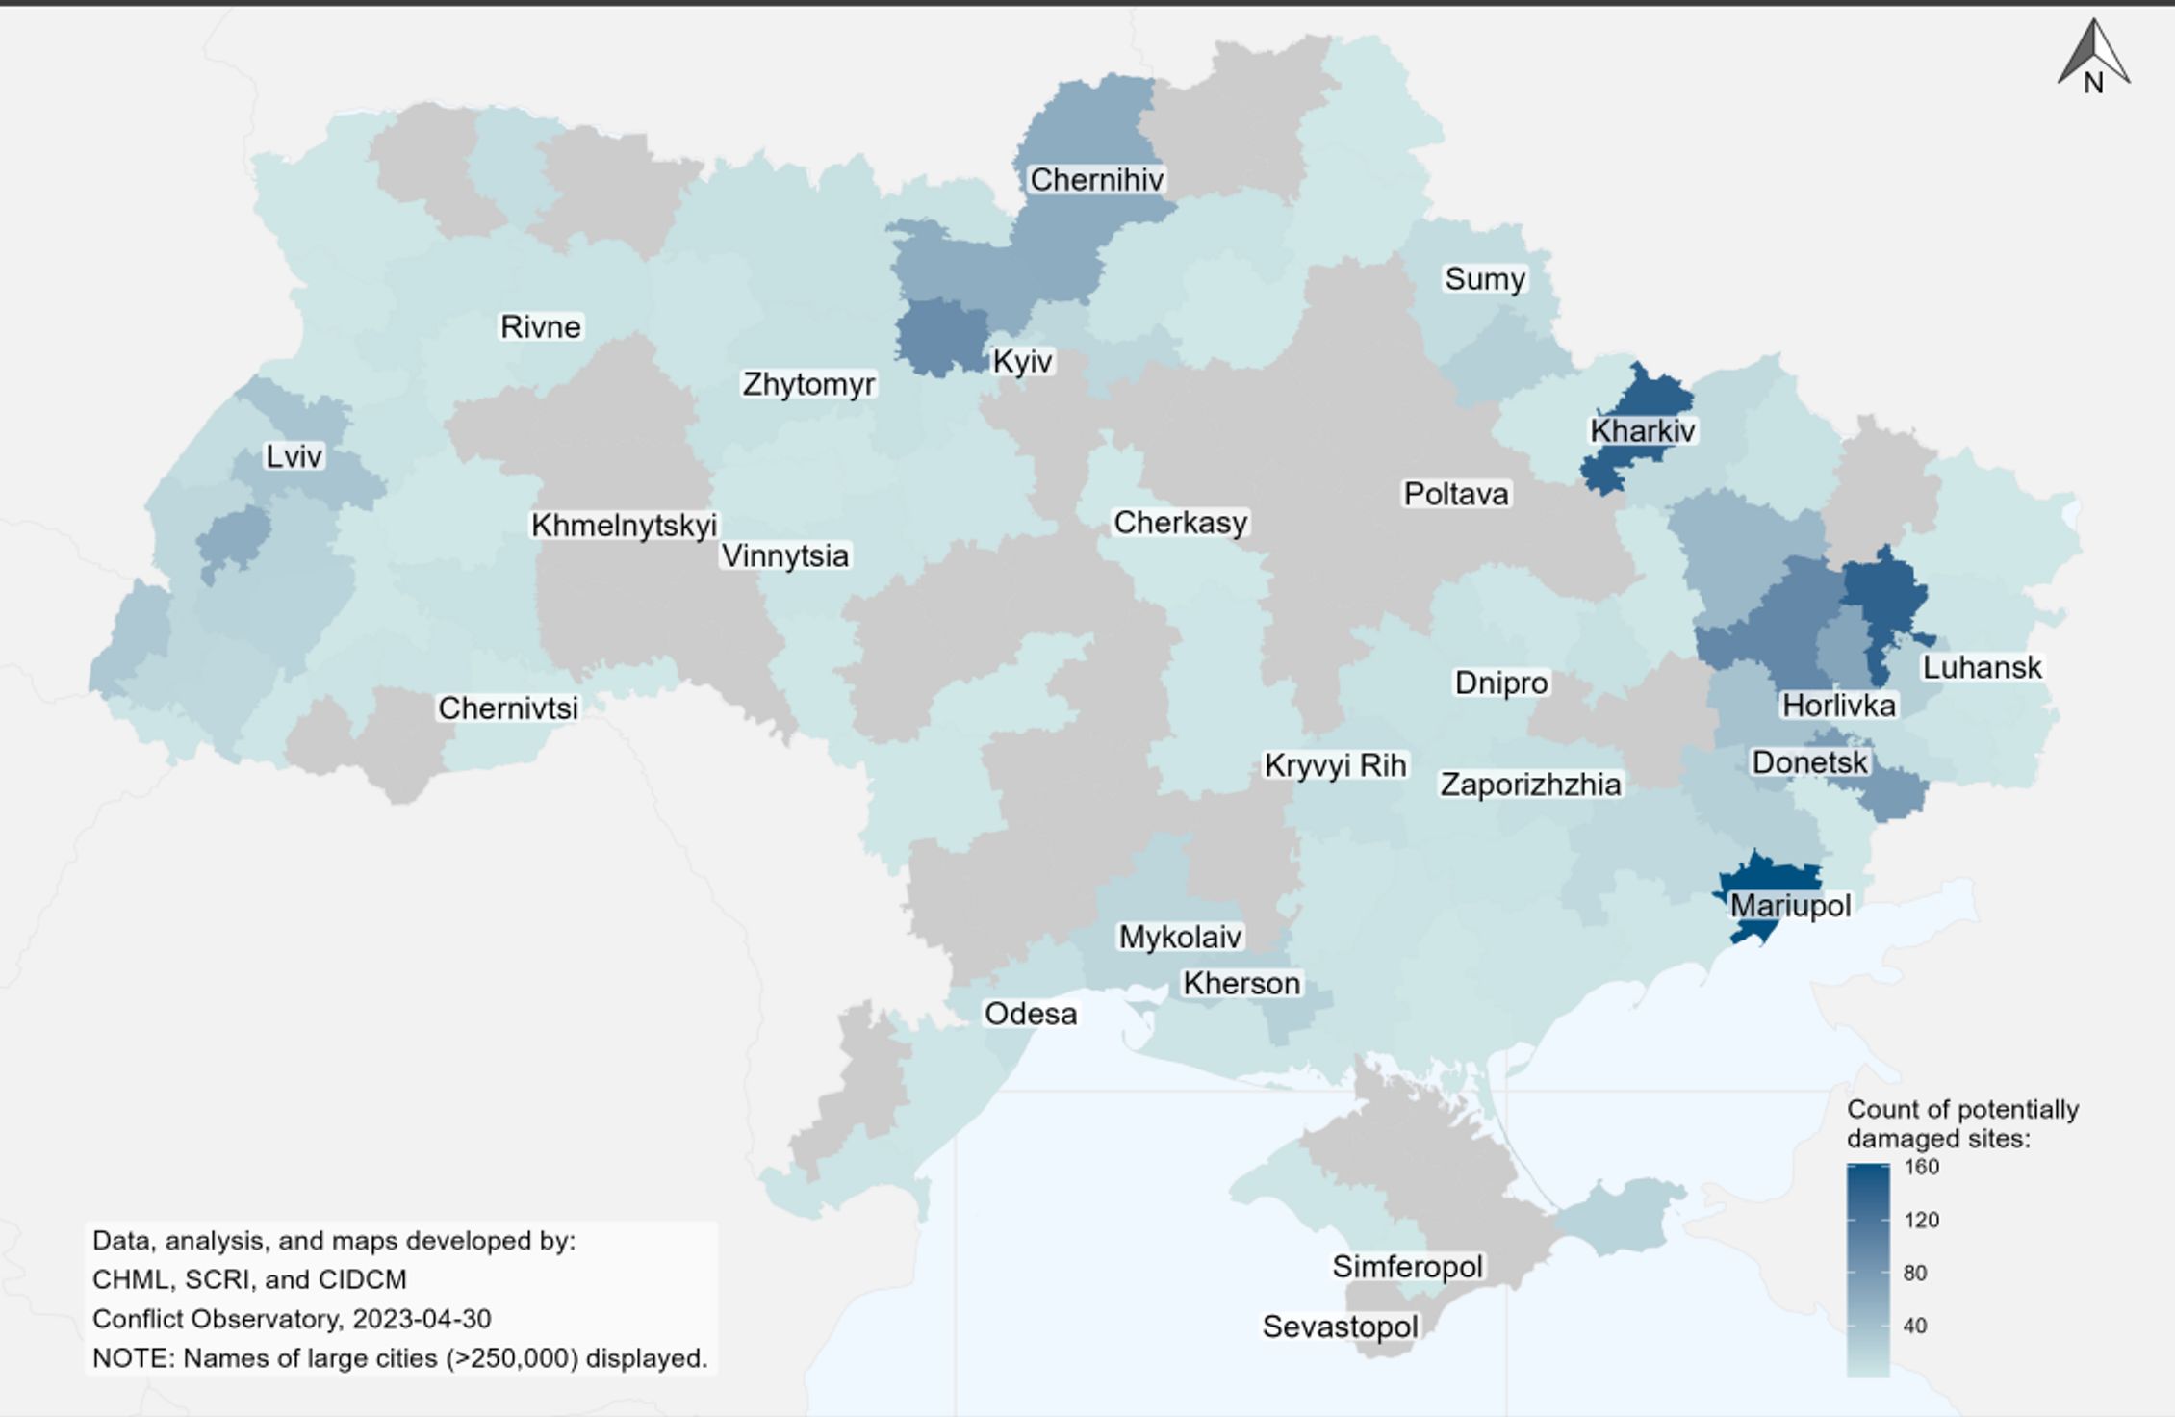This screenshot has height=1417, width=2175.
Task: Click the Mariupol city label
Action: click(1790, 906)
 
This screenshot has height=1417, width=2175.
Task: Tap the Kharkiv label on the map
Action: click(1642, 430)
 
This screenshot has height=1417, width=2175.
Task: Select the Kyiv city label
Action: click(1022, 362)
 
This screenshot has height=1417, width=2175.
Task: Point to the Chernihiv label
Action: click(1096, 180)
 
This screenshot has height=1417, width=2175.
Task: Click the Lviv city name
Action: click(294, 456)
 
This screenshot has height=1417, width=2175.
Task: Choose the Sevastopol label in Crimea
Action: click(1340, 1327)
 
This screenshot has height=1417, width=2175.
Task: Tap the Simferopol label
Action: click(1407, 1267)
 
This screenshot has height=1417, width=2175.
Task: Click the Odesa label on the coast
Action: click(1030, 1014)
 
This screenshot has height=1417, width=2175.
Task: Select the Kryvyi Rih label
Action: click(1335, 766)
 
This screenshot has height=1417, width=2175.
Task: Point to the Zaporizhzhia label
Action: click(1530, 785)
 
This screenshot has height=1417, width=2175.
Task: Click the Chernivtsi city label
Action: click(508, 708)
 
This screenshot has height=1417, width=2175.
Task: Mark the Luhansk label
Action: click(1982, 667)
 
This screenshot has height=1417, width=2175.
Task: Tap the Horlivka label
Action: click(1838, 706)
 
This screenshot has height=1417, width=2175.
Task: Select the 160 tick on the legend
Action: click(1921, 1167)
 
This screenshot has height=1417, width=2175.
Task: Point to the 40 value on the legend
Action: click(1914, 1326)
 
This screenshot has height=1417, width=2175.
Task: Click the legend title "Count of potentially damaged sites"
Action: click(1961, 1124)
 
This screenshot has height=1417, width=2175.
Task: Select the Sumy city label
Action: click(1484, 279)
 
